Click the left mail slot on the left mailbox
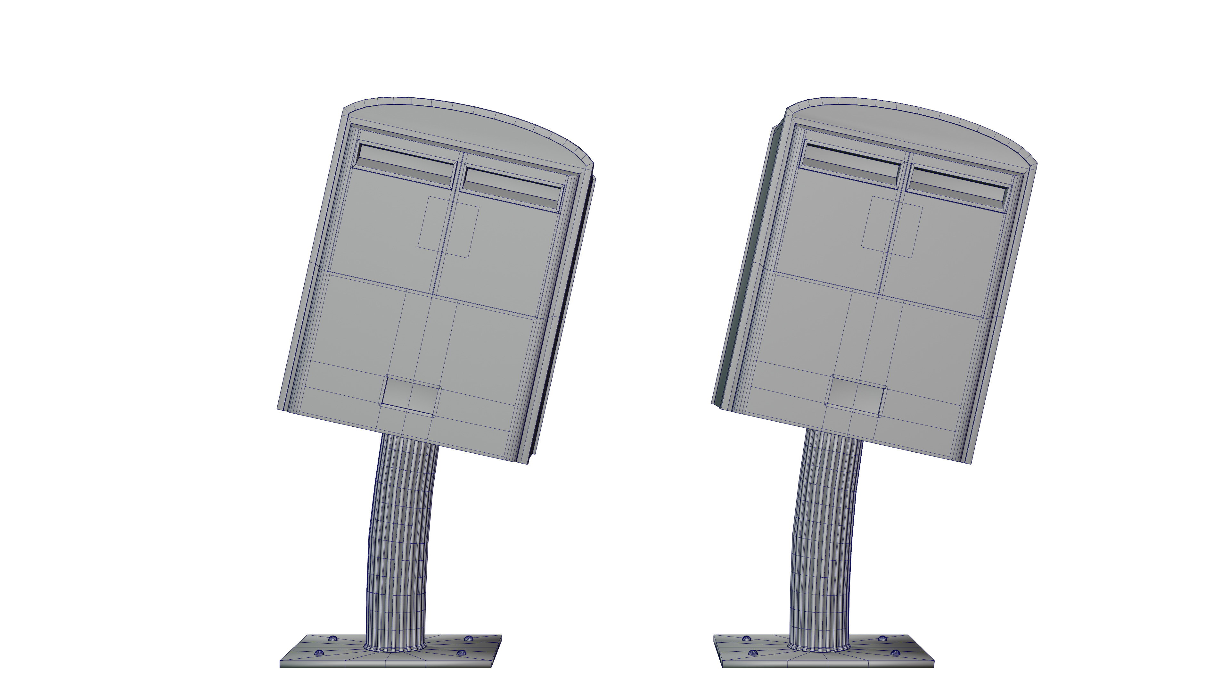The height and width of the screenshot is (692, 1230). coord(405,166)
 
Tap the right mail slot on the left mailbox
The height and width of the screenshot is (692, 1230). coord(512,190)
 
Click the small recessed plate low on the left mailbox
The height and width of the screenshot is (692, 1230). coord(411,396)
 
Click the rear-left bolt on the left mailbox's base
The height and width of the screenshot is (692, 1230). coord(333,638)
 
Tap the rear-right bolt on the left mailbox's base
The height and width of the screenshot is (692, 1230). coord(468,638)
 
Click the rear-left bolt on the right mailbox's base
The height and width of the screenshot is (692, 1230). coord(746,638)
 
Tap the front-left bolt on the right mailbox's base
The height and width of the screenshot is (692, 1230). coord(753,653)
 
